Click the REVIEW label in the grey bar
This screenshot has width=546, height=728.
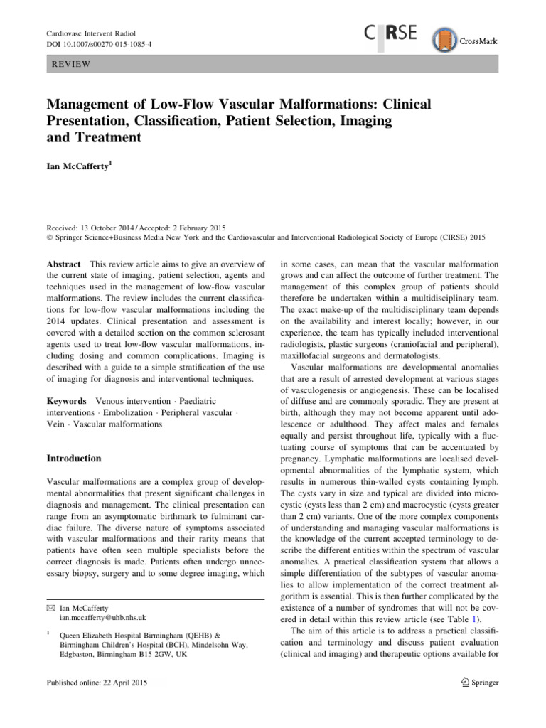70,63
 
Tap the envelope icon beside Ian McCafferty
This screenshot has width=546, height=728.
50,609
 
